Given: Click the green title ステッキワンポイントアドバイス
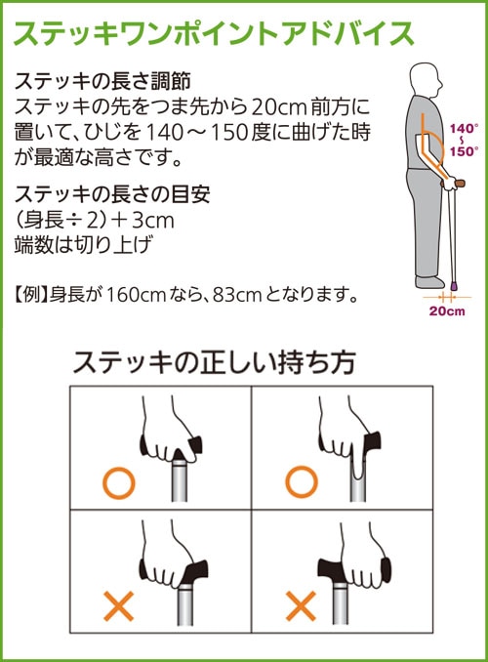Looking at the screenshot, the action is pyautogui.click(x=214, y=33).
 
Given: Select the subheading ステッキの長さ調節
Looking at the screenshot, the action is pyautogui.click(x=102, y=81).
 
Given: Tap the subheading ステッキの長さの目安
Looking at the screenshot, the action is pyautogui.click(x=112, y=194).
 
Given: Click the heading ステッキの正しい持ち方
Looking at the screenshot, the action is pyautogui.click(x=214, y=362).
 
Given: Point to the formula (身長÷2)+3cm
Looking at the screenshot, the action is pyautogui.click(x=95, y=220).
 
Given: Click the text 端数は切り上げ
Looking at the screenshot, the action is pyautogui.click(x=83, y=245).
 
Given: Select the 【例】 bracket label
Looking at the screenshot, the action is pyautogui.click(x=31, y=294).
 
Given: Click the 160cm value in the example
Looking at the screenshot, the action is pyautogui.click(x=136, y=295).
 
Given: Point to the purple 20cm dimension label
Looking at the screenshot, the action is pyautogui.click(x=447, y=311).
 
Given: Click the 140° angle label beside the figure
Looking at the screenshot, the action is pyautogui.click(x=464, y=128).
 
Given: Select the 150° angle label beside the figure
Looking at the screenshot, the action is pyautogui.click(x=464, y=151).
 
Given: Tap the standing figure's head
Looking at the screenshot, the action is pyautogui.click(x=426, y=78).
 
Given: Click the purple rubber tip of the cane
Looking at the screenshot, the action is pyautogui.click(x=454, y=284).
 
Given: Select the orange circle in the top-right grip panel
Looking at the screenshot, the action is pyautogui.click(x=301, y=481).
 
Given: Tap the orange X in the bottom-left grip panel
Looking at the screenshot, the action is pyautogui.click(x=119, y=606).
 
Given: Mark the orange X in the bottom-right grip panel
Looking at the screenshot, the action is pyautogui.click(x=301, y=606).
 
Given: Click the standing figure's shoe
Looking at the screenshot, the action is pyautogui.click(x=429, y=282).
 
